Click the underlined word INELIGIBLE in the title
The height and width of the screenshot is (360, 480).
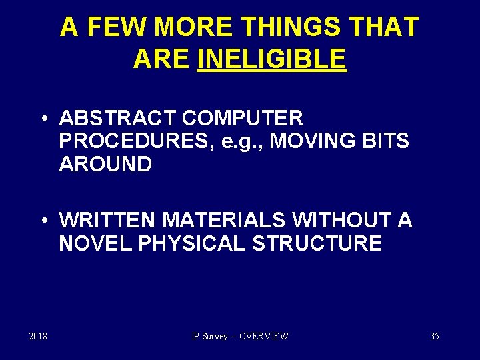(273, 59)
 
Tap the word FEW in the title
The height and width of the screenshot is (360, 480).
(117, 27)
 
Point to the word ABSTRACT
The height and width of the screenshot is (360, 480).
(117, 119)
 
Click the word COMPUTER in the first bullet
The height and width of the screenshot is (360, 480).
(242, 119)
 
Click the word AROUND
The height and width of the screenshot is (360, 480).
(105, 164)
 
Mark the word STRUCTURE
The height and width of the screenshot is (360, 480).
(317, 243)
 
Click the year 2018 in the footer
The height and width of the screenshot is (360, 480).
(38, 336)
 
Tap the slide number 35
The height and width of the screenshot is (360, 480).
(434, 336)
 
